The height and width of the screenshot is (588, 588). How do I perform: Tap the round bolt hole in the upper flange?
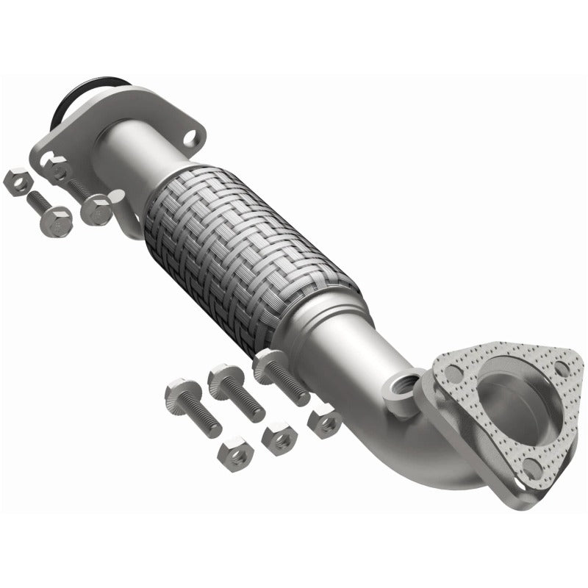tap(189, 137)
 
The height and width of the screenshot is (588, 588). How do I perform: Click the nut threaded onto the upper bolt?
tap(96, 210)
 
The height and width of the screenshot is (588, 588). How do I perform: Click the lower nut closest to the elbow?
tap(324, 422)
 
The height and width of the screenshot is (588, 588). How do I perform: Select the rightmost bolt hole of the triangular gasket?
tap(561, 368)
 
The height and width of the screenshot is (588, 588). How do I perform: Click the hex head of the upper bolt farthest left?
tap(57, 220)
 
